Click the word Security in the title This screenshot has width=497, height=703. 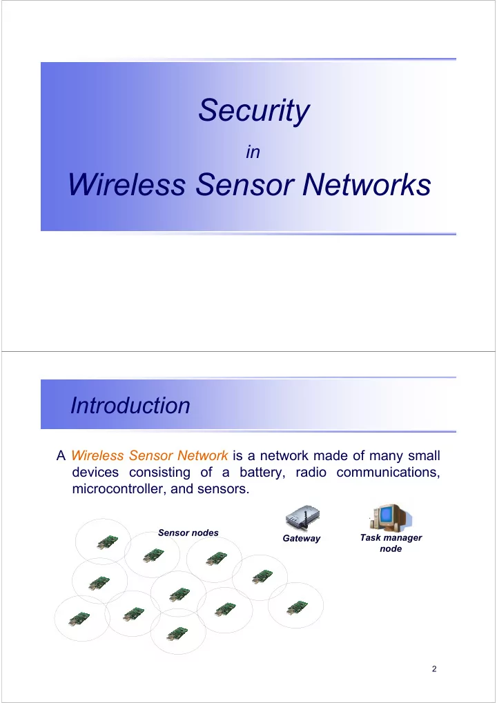tap(254, 110)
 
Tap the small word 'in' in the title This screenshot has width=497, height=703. tap(253, 152)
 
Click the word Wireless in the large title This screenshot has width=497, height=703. tap(127, 184)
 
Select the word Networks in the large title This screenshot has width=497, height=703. tap(367, 184)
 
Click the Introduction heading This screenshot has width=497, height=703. tap(130, 405)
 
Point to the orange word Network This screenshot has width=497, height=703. tap(203, 455)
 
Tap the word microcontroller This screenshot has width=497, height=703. tap(119, 488)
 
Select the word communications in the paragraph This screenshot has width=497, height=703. tap(388, 473)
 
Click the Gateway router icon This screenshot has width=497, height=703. tap(302, 518)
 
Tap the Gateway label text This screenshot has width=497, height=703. tap(302, 538)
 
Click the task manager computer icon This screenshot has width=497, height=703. tap(390, 518)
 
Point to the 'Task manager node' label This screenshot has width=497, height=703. tap(391, 543)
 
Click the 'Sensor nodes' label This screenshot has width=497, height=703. tap(188, 533)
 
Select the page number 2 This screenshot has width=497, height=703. tap(434, 669)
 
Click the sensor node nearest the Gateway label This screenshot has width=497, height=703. tap(262, 577)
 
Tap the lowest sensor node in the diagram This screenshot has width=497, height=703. tap(177, 633)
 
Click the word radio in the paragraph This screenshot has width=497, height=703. tap(311, 473)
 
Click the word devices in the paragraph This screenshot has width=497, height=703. tap(95, 473)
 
